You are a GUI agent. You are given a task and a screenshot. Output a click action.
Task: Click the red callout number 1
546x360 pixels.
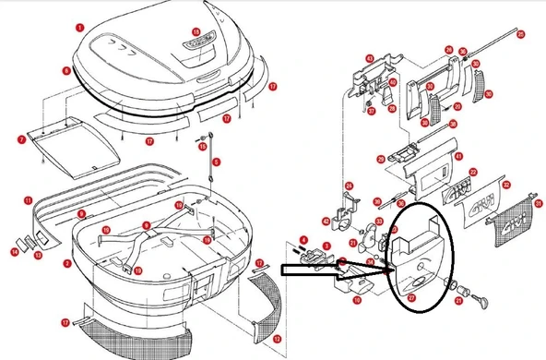coord(80,29)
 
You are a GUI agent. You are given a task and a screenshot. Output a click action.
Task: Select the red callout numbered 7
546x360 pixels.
coord(20,139)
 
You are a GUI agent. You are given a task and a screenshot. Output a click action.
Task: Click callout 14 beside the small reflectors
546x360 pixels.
coord(15,250)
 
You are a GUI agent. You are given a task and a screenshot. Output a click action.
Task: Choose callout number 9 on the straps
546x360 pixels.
coord(146,225)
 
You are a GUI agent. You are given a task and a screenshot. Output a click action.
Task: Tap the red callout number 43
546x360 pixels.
coord(369,59)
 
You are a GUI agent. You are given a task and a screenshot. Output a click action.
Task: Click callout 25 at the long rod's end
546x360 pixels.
coord(520,34)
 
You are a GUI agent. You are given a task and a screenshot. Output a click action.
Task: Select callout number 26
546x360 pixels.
coord(448,50)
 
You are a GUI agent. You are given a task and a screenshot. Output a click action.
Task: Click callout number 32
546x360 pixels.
coord(506,186)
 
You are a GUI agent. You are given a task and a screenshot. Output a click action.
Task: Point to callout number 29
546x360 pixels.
coord(380,160)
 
